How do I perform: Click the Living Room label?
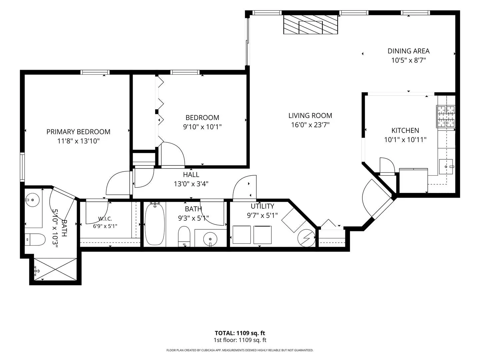click(310, 115)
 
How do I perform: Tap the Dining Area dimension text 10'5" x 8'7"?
click(408, 60)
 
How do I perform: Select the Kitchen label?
click(405, 130)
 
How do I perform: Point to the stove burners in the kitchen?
click(446, 117)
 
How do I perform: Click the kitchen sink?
click(446, 167)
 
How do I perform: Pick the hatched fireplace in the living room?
click(311, 24)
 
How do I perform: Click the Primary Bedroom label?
click(78, 132)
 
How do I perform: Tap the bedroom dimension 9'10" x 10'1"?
click(202, 127)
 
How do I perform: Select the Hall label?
click(191, 175)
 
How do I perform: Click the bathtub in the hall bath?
click(155, 224)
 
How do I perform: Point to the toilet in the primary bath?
click(35, 239)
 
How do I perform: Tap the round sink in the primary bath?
click(32, 200)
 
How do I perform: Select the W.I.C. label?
click(105, 218)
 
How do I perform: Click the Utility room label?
click(262, 206)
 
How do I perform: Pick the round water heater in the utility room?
click(306, 238)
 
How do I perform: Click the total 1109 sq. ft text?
click(240, 333)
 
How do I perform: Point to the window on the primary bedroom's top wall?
click(95, 72)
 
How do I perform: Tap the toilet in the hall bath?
click(184, 237)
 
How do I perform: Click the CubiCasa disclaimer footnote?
click(240, 350)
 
